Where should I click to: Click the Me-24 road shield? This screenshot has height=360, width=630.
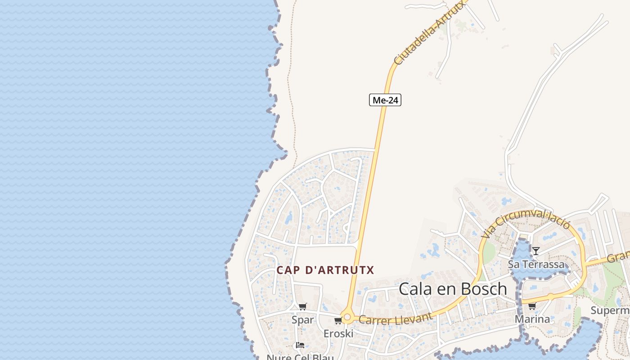(385, 100)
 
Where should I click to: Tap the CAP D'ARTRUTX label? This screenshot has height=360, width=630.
(325, 270)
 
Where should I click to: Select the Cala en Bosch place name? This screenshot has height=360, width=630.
(453, 289)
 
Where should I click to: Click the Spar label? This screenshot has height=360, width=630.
(303, 320)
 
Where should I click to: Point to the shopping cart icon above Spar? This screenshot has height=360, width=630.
(303, 307)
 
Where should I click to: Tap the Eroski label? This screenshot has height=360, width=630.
(338, 333)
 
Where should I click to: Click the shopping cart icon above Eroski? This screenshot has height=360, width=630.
(338, 320)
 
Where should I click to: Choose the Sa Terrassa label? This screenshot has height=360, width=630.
(536, 264)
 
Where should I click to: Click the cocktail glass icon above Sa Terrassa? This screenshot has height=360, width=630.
(535, 251)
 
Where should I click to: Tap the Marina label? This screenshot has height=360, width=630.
(532, 319)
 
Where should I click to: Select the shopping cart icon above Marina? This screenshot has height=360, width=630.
(532, 306)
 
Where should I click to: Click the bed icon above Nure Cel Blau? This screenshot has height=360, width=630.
(300, 346)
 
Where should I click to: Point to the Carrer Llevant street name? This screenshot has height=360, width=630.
(396, 319)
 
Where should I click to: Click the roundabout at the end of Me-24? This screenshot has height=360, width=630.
(347, 317)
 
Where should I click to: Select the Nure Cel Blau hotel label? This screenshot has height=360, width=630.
(300, 357)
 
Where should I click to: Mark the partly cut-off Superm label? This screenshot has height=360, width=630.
(610, 310)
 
